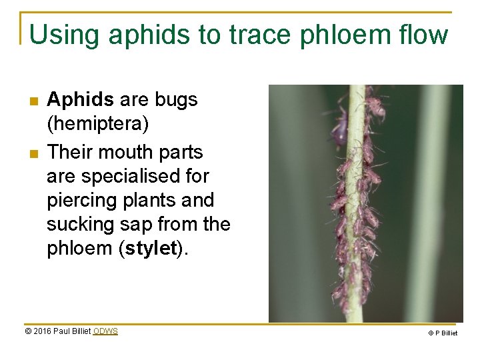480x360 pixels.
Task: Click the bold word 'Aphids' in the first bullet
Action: pyautogui.click(x=81, y=100)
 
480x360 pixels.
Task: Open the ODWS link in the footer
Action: pyautogui.click(x=105, y=331)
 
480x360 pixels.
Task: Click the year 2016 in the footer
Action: pyautogui.click(x=43, y=331)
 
